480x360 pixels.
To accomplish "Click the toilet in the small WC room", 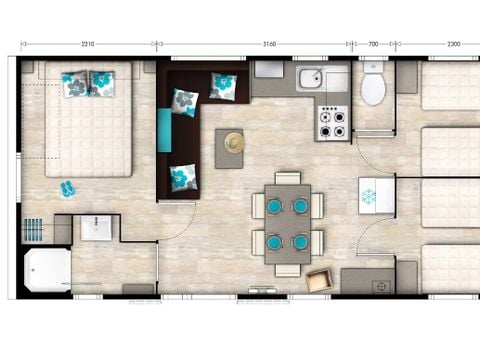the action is click(373, 84).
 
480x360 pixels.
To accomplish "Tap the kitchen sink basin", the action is click(311, 78).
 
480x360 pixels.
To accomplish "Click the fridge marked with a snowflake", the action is click(376, 196).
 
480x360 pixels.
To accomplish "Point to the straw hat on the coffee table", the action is click(235, 143).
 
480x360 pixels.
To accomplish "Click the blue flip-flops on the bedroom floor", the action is click(68, 189).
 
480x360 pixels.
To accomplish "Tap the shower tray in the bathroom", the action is click(48, 270).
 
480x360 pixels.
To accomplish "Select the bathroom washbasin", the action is click(96, 228).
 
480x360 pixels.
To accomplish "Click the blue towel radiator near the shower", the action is click(33, 229).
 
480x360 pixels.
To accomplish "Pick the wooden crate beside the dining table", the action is click(320, 279).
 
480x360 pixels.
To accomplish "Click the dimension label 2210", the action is click(88, 44).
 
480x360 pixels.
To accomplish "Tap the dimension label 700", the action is click(373, 44).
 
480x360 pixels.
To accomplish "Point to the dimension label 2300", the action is click(453, 44).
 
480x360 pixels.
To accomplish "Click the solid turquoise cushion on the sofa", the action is click(164, 130).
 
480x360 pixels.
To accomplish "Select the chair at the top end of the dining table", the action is click(288, 178).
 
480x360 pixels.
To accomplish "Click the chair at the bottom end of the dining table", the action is click(288, 270).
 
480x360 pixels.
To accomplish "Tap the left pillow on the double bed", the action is click(75, 84).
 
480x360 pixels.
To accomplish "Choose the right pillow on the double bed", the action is click(102, 84).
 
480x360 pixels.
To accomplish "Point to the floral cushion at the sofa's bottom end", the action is click(183, 178).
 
